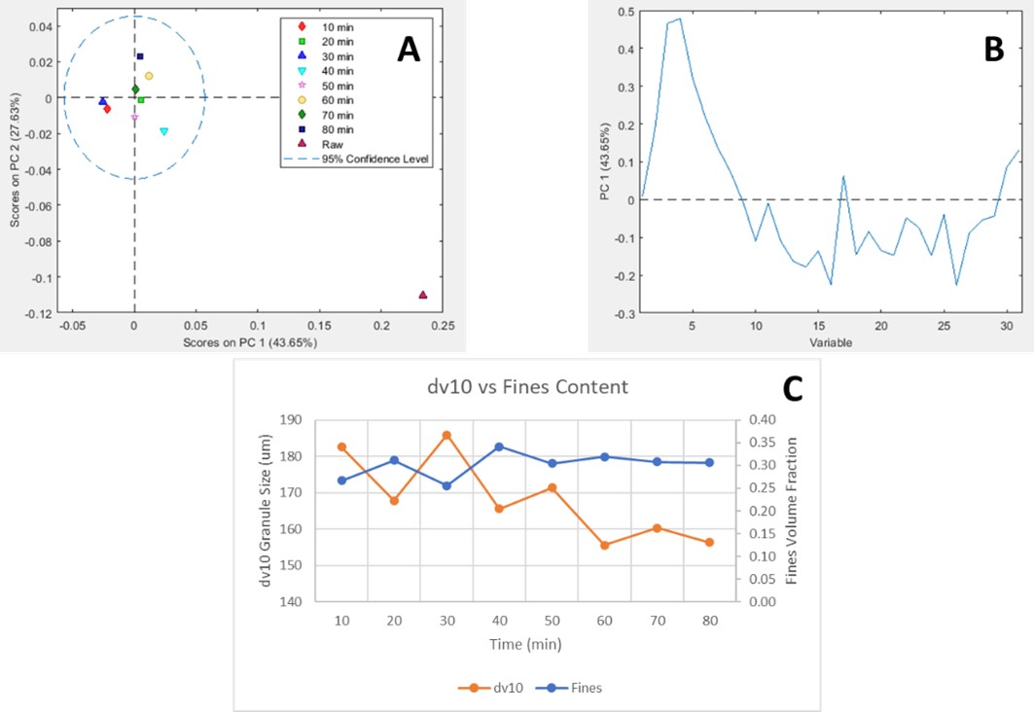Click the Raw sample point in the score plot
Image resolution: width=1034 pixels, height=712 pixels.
423,295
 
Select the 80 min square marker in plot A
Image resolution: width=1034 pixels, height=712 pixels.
140,56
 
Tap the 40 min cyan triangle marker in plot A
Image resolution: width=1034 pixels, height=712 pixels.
163,131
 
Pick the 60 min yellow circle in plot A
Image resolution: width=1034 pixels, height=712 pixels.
149,76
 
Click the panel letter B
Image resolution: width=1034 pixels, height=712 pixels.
992,50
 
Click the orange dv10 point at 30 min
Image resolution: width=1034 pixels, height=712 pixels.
446,435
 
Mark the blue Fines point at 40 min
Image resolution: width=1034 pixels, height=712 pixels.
499,446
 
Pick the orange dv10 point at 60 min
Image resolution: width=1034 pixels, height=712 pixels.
604,546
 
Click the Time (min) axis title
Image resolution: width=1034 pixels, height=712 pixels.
525,644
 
